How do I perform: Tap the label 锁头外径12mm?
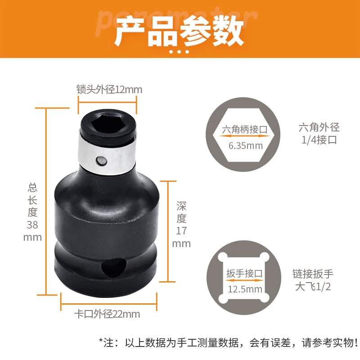point(109,89)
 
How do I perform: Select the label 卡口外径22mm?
point(107,314)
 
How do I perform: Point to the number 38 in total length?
point(32,225)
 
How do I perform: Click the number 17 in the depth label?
point(181,231)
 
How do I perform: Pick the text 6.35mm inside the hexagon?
point(245,146)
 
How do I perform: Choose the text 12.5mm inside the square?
point(245,289)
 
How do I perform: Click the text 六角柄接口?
point(245,130)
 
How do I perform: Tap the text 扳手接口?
point(244,274)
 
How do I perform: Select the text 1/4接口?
point(319,140)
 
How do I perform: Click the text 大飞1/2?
point(313,287)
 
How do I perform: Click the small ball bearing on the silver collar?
point(101,161)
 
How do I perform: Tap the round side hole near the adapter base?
point(114,268)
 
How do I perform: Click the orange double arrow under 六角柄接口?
point(245,136)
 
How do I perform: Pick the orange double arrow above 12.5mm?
point(244,280)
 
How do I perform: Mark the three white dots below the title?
point(179,52)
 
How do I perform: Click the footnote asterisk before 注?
point(101,340)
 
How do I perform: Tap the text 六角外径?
point(319,127)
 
